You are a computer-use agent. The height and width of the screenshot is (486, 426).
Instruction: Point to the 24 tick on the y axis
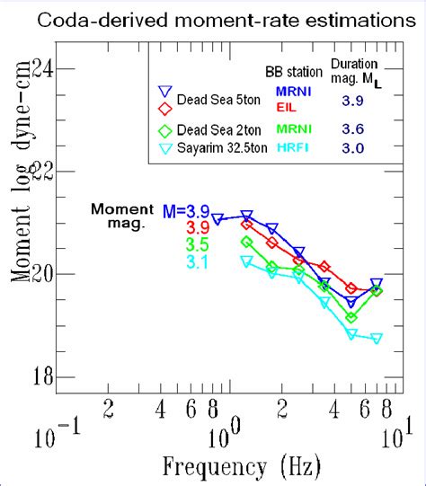43,66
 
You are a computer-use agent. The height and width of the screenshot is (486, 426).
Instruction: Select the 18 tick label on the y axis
43,376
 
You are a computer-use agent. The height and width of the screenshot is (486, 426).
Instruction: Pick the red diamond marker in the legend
164,109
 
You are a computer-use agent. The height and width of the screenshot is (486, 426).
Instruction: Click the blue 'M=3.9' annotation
186,211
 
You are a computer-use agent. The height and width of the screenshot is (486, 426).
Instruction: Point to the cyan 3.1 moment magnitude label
197,261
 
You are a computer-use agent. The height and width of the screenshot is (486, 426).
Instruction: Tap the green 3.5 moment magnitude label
197,243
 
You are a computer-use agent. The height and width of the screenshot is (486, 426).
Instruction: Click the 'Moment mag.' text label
122,216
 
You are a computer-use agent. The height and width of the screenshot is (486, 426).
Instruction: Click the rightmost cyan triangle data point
376,339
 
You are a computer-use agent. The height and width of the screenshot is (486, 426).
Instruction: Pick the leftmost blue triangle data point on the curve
217,219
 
